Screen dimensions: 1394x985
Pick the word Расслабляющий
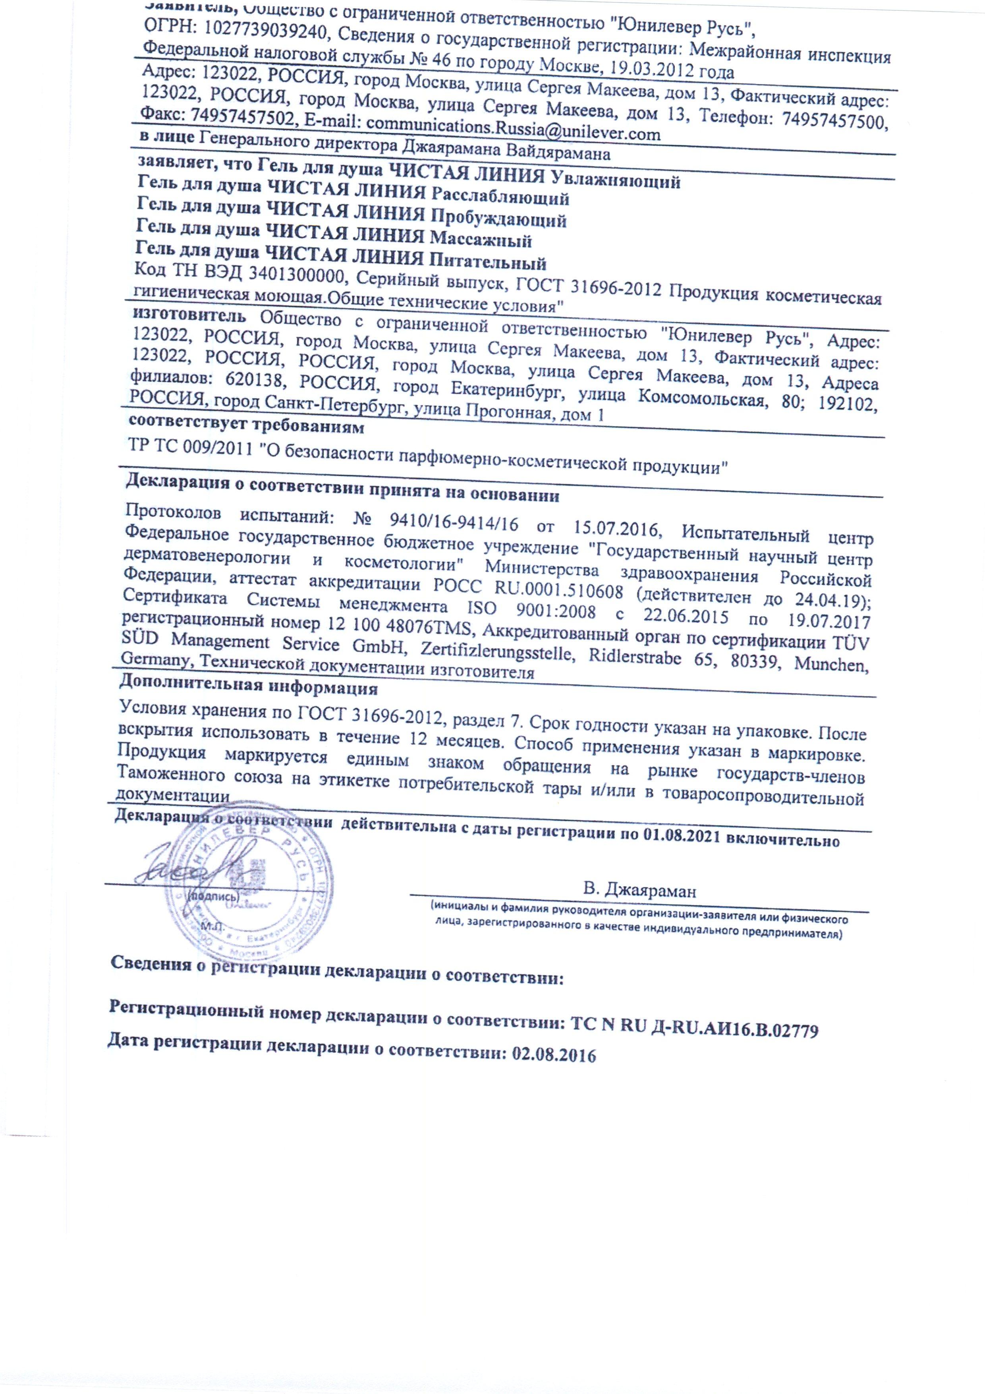click(x=500, y=199)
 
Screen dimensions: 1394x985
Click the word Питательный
click(x=489, y=262)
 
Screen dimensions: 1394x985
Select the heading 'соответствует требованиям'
click(x=246, y=427)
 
